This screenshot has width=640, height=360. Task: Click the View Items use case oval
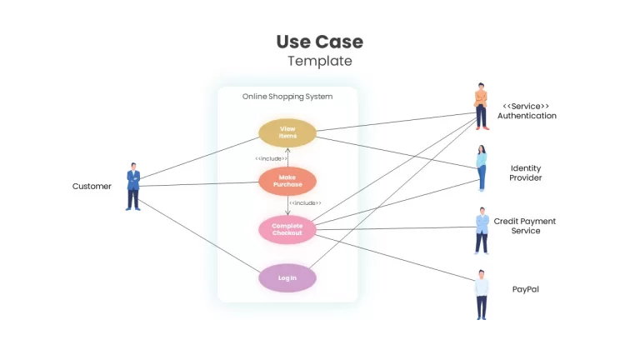pos(287,132)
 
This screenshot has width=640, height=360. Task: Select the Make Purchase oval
pos(287,181)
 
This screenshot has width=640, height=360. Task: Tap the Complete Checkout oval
pos(287,229)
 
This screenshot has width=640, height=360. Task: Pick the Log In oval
pos(287,278)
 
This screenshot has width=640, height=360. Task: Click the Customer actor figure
pos(133,187)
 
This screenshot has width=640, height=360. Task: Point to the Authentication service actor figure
pos(481,107)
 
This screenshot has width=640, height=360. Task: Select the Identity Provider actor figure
pos(482,168)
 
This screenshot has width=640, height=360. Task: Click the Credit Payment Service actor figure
pos(482,231)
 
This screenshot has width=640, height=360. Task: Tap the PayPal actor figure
pos(482,295)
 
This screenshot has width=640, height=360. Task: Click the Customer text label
pos(92,186)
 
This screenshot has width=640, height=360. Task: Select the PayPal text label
pos(525,289)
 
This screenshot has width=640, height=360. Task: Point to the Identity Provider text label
pos(526,172)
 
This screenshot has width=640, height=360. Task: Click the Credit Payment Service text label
pos(525,226)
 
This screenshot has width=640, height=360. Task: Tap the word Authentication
pos(527,116)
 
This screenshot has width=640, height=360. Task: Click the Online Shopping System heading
pos(287,97)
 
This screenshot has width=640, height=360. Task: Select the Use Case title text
pos(320,42)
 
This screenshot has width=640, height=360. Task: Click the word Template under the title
pos(320,61)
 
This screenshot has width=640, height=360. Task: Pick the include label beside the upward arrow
pos(271,158)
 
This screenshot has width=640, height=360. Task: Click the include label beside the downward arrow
pos(305,202)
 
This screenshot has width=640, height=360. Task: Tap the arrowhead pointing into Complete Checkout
pos(287,213)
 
